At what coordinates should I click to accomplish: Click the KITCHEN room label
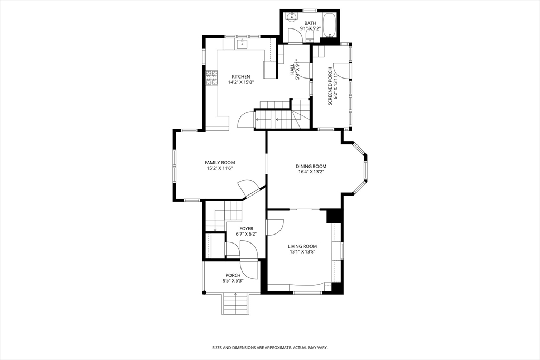tap(240, 76)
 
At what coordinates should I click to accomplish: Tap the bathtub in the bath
tap(330, 25)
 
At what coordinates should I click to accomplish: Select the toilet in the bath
tap(310, 37)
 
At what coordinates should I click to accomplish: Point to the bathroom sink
tap(291, 17)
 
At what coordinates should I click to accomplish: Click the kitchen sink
tap(242, 44)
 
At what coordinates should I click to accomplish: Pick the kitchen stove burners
tap(212, 78)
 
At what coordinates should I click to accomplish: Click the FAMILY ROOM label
tap(220, 162)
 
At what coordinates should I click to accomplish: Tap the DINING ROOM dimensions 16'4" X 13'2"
tap(311, 172)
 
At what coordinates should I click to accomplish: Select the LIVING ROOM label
tap(302, 246)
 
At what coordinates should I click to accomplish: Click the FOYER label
tap(246, 229)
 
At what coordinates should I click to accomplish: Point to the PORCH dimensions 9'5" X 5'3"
tap(233, 281)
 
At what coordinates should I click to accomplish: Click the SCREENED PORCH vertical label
tap(330, 86)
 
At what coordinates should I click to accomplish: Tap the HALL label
tap(292, 69)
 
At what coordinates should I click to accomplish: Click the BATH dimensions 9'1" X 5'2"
tap(310, 28)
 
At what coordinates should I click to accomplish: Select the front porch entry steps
tap(236, 303)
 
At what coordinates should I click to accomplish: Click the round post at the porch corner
tap(204, 293)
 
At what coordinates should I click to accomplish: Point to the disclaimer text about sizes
tap(269, 348)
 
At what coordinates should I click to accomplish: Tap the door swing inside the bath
tap(295, 35)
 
